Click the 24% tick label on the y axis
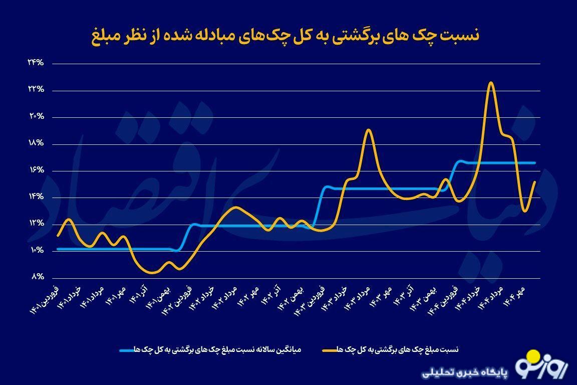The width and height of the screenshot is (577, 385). (36, 63)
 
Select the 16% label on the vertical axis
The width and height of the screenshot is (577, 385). (36, 170)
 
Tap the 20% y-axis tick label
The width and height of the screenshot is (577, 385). (36, 117)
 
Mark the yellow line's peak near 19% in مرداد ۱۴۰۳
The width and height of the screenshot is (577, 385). (368, 130)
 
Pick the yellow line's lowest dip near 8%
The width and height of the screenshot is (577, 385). (152, 273)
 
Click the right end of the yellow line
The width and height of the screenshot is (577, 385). (535, 181)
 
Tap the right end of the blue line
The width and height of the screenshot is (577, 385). (535, 163)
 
